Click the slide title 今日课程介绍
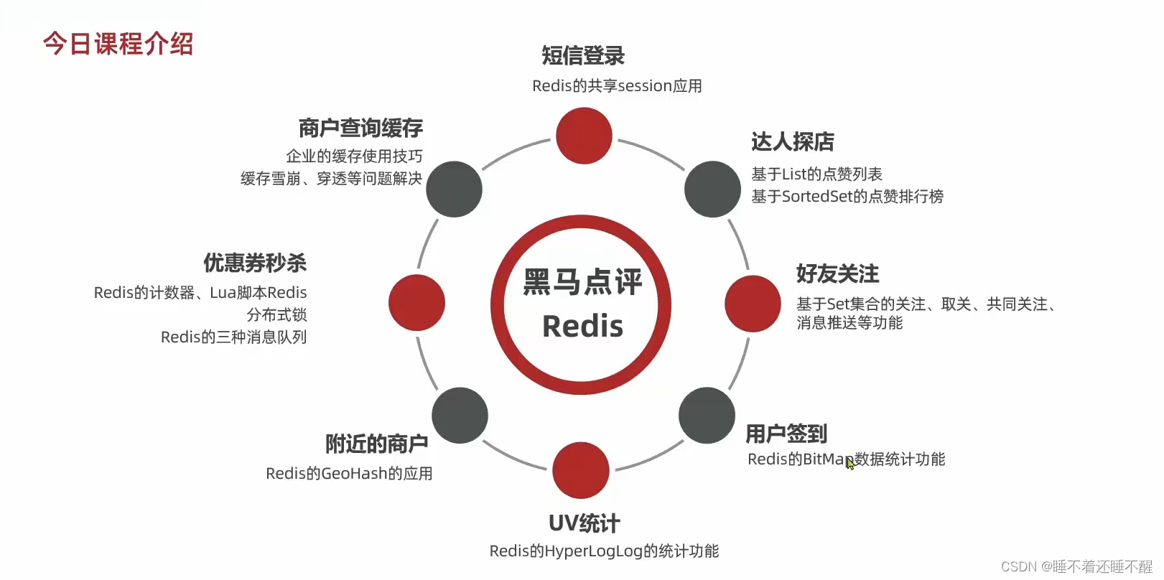click(x=118, y=44)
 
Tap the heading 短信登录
click(x=582, y=55)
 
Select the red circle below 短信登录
click(x=584, y=136)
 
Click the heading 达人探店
click(x=792, y=141)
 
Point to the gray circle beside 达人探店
click(x=712, y=189)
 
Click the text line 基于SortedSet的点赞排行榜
click(x=847, y=196)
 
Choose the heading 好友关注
click(x=837, y=273)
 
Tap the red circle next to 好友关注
click(x=752, y=304)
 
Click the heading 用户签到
click(x=786, y=434)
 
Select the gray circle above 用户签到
click(x=707, y=416)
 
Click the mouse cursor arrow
click(x=849, y=463)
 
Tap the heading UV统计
click(x=584, y=523)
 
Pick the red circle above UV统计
click(x=581, y=470)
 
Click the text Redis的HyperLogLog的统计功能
click(x=604, y=551)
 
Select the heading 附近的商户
click(x=376, y=444)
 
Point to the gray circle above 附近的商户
click(x=460, y=416)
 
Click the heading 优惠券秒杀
click(x=255, y=263)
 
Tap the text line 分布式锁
click(x=276, y=314)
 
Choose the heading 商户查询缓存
click(x=360, y=128)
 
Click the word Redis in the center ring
click(x=582, y=327)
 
